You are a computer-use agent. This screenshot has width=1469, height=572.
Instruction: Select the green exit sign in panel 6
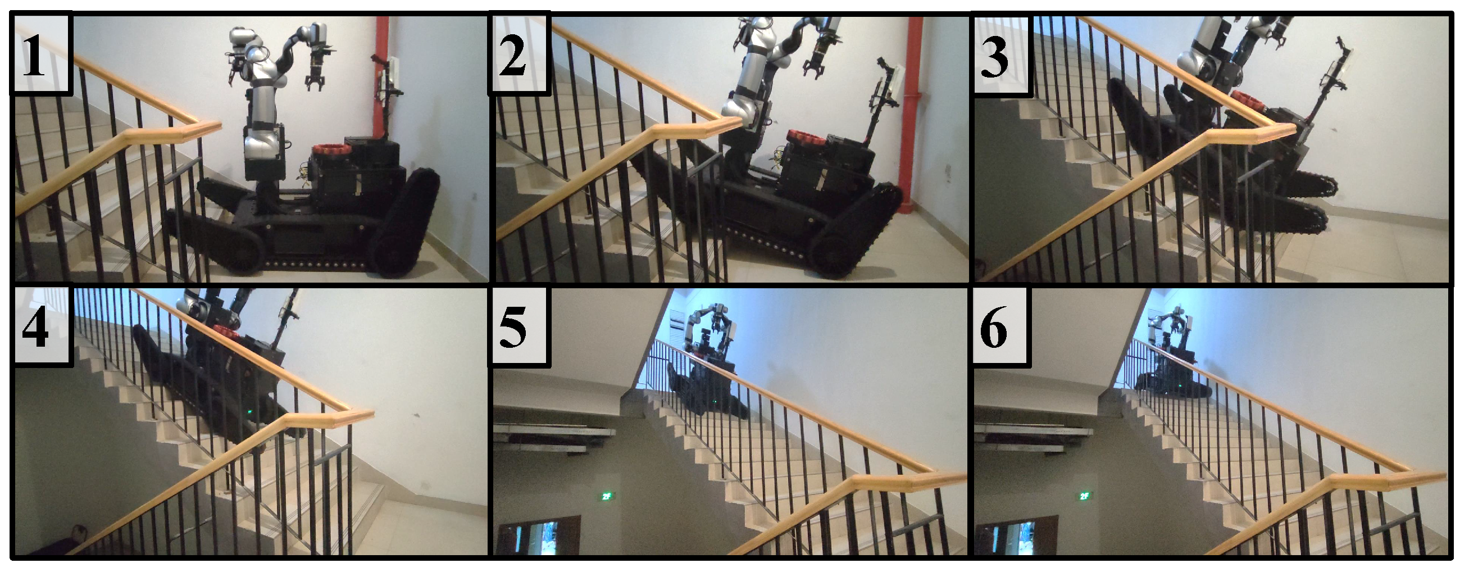pos(1085,496)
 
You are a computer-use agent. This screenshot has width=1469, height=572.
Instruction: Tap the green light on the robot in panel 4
pos(249,412)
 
